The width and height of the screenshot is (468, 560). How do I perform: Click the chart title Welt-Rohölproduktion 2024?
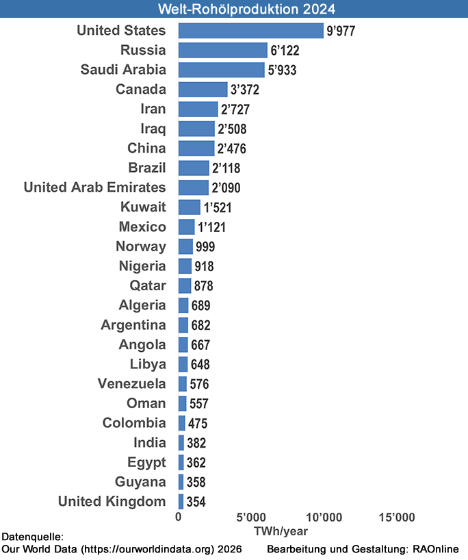[234, 9]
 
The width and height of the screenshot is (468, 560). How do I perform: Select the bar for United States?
[250, 30]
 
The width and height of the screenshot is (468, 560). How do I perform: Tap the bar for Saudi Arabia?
[221, 70]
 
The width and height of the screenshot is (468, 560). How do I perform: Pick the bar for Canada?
[203, 90]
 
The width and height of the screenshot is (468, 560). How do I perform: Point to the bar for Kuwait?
[189, 207]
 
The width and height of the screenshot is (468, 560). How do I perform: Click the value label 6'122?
[285, 51]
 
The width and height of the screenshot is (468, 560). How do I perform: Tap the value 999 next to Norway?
[207, 247]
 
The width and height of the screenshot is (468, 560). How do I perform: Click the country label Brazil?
[147, 168]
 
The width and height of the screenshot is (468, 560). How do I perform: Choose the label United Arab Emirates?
[94, 188]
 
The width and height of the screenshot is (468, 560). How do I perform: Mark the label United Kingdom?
[112, 501]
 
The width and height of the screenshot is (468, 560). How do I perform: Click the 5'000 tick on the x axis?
[250, 517]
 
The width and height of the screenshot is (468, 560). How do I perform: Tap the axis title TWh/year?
[281, 531]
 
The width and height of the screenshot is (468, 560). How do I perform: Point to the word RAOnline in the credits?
[436, 550]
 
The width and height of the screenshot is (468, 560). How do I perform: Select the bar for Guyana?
[181, 482]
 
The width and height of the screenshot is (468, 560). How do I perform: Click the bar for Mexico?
[186, 227]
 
